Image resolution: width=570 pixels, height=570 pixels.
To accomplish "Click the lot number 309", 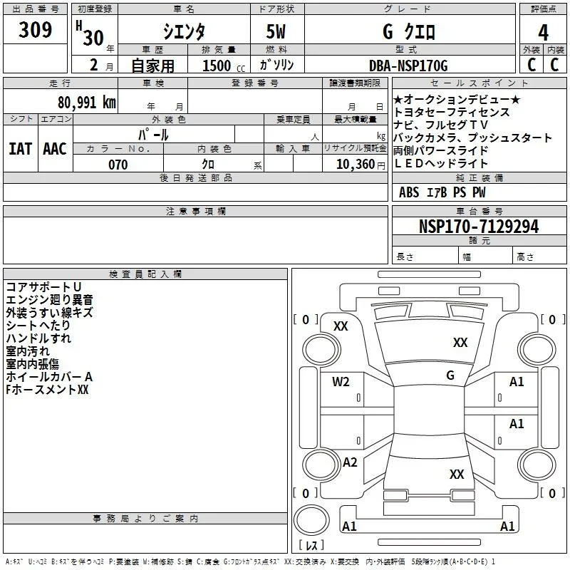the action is coord(35,29).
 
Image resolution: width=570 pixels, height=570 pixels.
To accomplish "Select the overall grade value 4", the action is coord(543,33).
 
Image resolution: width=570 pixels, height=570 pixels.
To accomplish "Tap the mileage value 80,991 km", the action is coord(86,102).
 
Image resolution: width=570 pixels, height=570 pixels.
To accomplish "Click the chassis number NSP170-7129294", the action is coord(479,227).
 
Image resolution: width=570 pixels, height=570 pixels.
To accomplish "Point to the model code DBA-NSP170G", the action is coord(408,66).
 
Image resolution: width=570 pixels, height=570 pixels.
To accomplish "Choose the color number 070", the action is coord(118,165).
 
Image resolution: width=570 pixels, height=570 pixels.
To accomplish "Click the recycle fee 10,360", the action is coord(355,165).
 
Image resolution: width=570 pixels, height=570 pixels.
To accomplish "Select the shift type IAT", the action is coord(20,149).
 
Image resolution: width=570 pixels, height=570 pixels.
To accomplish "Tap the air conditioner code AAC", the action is coord(55,149).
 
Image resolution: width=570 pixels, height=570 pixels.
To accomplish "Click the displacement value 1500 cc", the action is coord(224,66).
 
